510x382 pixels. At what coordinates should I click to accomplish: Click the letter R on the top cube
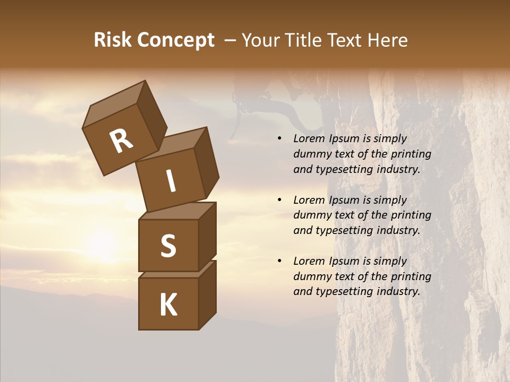tap(121, 141)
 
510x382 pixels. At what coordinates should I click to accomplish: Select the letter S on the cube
tap(168, 246)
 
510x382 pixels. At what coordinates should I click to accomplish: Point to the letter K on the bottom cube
tap(168, 305)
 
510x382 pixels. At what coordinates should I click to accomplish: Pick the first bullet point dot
tap(279, 139)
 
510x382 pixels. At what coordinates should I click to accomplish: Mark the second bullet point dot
tap(279, 201)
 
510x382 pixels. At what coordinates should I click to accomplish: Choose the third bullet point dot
tap(279, 262)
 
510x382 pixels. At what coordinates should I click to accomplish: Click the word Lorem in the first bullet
tap(308, 139)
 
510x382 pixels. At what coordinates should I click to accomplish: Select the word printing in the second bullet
tap(411, 215)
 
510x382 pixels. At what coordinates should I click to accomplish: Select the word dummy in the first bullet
tap(312, 154)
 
